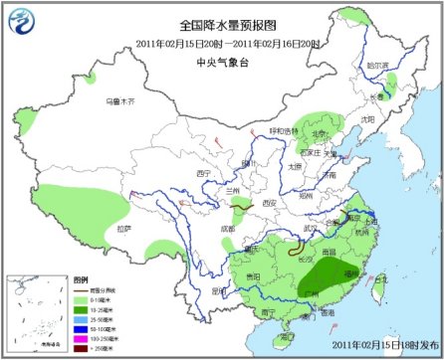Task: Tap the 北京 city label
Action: point(320,134)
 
